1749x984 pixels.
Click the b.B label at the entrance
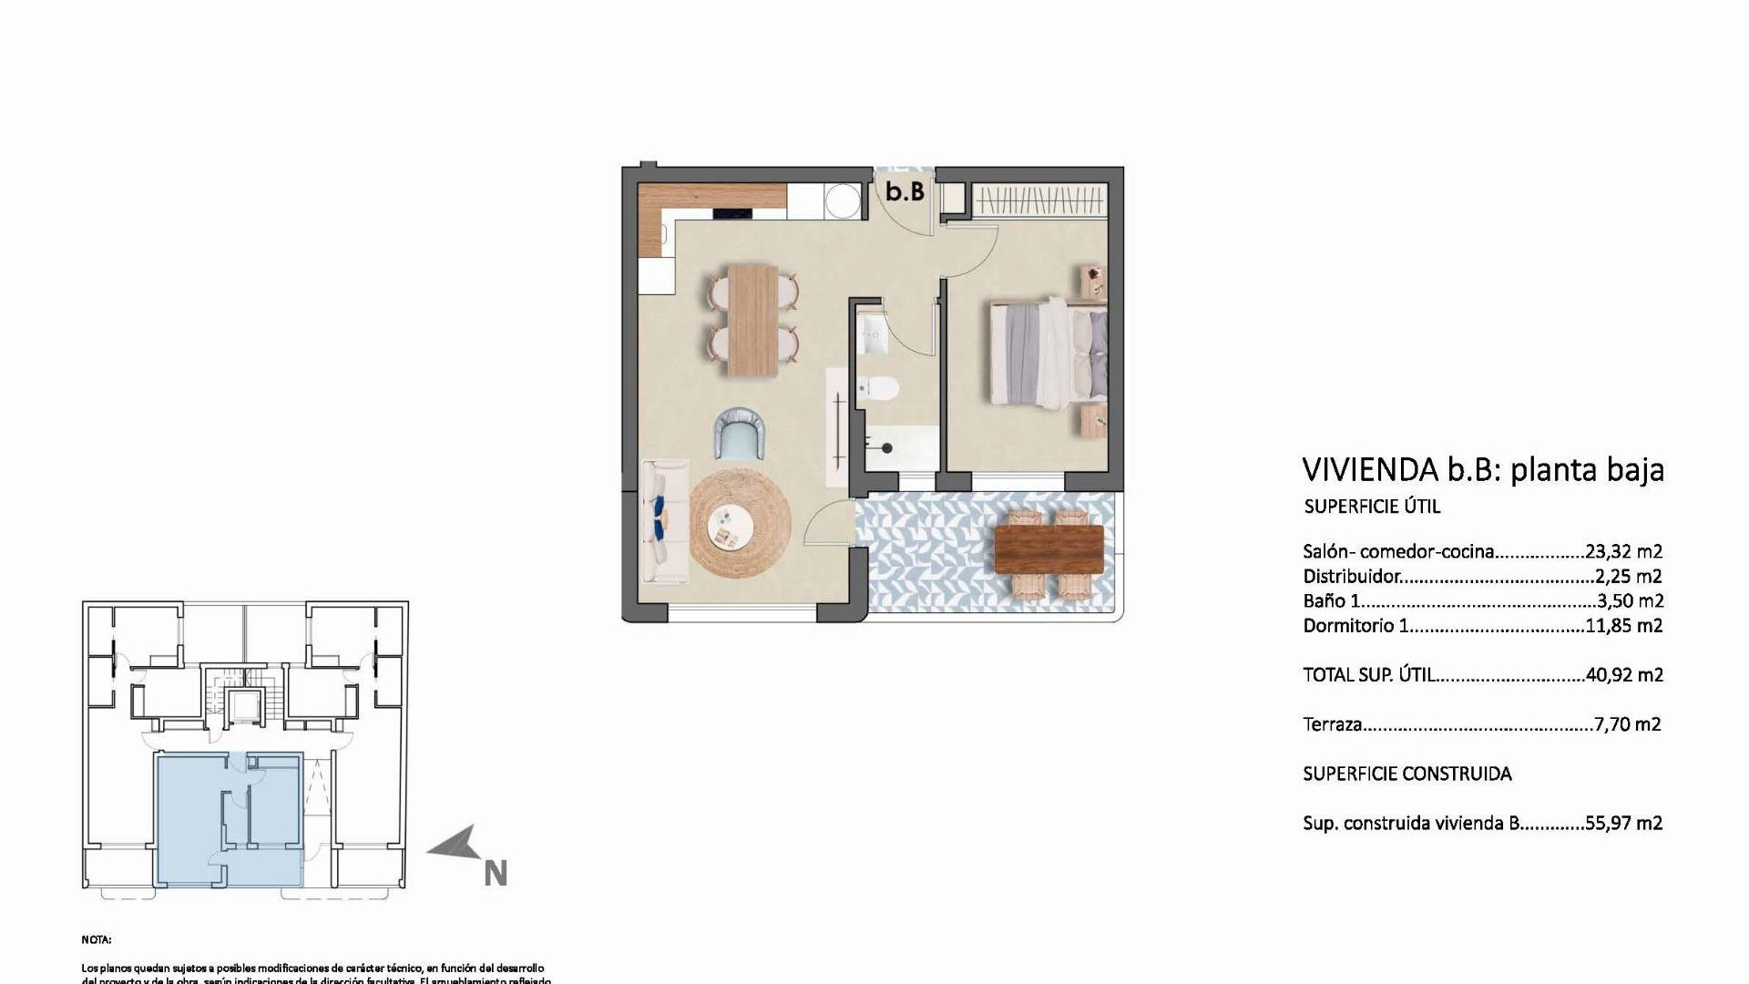tap(905, 192)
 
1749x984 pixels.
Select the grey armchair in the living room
tap(739, 434)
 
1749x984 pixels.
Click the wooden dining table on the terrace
tap(1048, 549)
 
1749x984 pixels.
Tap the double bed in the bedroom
tap(1048, 353)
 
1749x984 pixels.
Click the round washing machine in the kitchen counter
tap(842, 200)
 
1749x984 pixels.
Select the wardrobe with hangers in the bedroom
tap(1038, 200)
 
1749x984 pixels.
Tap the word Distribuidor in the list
tap(1351, 576)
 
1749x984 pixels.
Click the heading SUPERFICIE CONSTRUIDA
tap(1406, 774)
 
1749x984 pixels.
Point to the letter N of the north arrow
tap(495, 874)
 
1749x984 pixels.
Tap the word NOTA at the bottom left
tap(96, 939)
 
